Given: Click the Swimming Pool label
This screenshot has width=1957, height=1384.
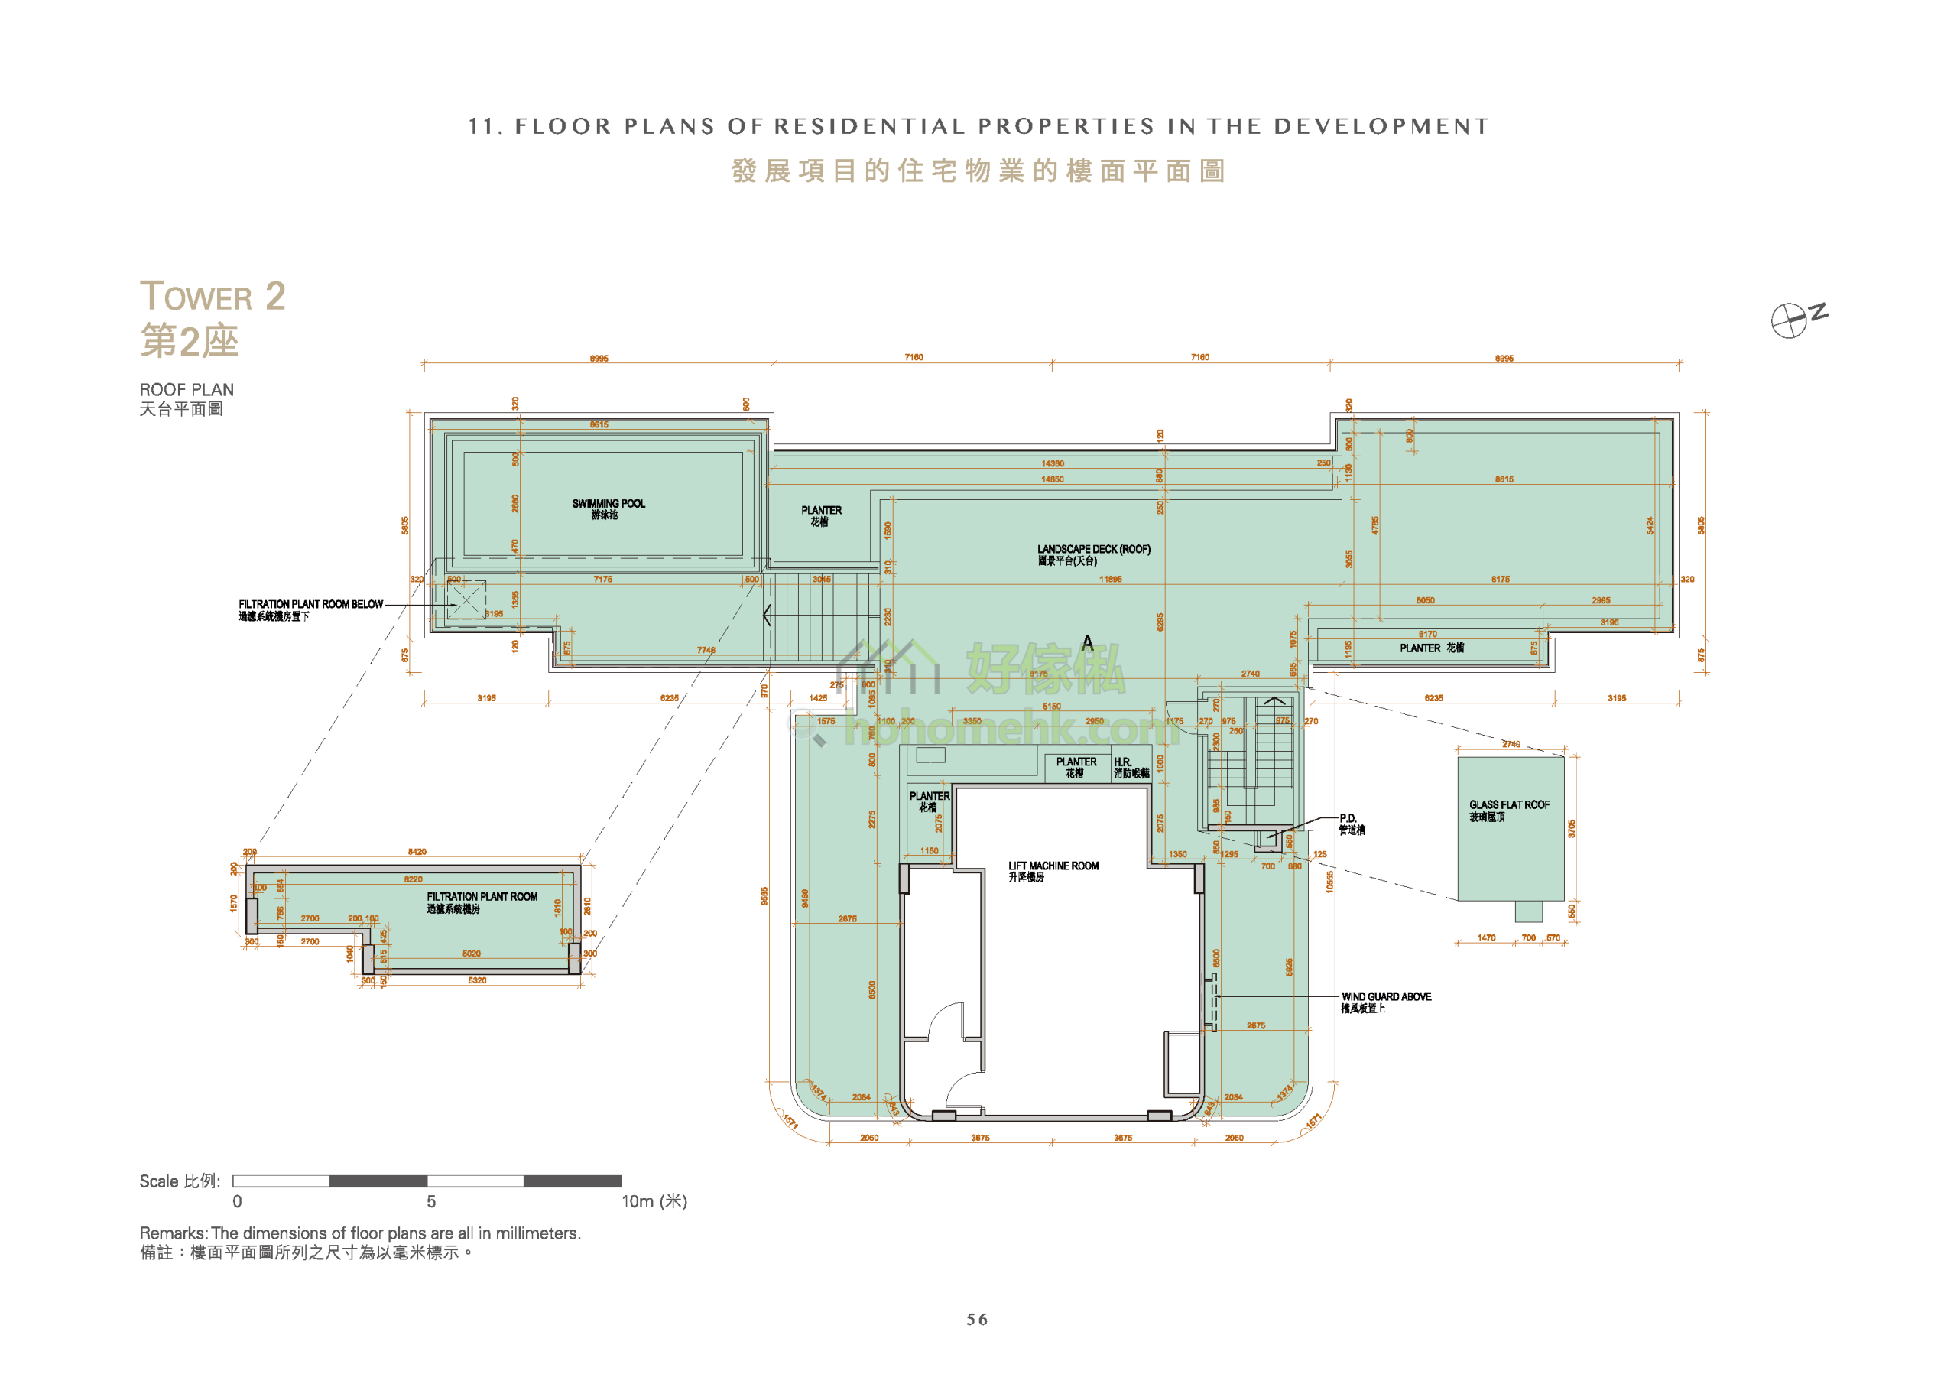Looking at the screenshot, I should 609,508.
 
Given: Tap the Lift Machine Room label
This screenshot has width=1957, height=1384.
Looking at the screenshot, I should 1053,871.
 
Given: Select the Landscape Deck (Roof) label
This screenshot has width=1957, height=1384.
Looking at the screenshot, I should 1094,554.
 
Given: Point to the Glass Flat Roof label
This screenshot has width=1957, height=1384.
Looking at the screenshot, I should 1509,810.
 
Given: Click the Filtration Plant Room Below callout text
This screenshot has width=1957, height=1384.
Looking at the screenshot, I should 310,609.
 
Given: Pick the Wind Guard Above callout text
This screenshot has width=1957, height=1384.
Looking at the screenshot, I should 1386,1001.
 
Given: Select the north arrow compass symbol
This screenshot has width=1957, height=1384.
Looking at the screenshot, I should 1789,320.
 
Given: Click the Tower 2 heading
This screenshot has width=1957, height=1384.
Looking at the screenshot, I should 213,297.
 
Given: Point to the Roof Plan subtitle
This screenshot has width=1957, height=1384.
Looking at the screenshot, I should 187,390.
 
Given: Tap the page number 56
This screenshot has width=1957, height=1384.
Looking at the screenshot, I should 977,1319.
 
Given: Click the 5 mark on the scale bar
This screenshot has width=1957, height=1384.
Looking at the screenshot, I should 431,1200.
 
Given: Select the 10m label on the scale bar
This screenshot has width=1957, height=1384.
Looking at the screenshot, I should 653,1200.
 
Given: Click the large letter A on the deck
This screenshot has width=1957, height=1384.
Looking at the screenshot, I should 1088,643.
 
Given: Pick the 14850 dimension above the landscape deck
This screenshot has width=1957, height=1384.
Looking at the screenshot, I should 1053,479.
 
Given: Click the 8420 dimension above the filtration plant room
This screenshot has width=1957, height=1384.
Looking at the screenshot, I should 417,852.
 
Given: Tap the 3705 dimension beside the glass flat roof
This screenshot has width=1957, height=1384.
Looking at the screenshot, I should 1571,829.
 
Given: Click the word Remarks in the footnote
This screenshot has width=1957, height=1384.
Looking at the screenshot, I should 173,1233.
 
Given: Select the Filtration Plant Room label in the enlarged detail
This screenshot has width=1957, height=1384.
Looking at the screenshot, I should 482,902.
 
